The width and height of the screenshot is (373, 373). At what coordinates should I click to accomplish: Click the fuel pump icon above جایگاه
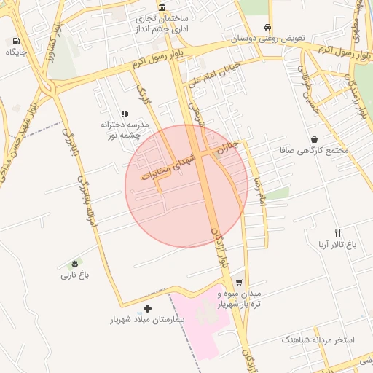pos(16,42)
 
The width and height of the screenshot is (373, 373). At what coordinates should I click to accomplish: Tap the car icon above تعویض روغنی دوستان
pos(268,25)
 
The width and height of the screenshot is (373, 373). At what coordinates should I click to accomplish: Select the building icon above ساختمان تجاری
pos(160,7)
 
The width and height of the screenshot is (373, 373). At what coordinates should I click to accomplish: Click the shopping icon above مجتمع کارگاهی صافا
pos(314,139)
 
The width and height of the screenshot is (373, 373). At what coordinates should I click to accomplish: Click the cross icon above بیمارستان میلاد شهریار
pos(148,309)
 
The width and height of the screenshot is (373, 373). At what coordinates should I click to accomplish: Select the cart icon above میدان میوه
pos(238,283)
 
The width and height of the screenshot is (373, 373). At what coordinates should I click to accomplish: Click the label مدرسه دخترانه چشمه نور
pos(125,129)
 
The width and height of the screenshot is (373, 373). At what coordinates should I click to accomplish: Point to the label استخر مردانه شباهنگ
pos(318,340)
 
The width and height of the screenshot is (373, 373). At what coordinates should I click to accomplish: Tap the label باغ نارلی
pos(74,275)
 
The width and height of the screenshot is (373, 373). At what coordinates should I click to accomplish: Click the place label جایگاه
pos(16,52)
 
